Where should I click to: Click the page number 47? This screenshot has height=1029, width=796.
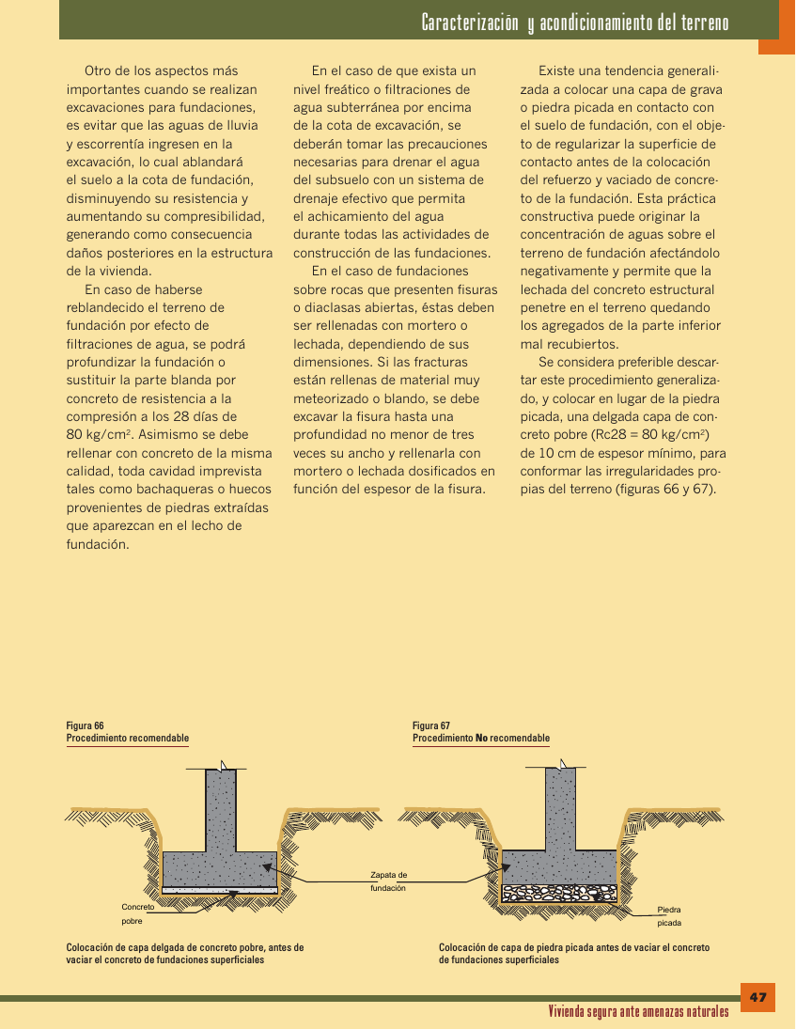point(758,997)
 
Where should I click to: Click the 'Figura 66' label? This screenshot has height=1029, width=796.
point(85,725)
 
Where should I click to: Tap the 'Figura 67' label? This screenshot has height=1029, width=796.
point(431,725)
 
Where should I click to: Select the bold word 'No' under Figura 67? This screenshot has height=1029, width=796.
point(482,739)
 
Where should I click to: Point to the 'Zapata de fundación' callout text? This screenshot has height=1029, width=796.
point(388,881)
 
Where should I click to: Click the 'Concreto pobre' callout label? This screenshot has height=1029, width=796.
point(137,913)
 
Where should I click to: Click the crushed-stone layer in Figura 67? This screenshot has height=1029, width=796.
point(560,893)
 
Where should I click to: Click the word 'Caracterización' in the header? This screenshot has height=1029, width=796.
point(470,23)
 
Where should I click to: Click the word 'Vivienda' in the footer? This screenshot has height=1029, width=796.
point(570,1012)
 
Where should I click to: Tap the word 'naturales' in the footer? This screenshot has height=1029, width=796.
point(700,1012)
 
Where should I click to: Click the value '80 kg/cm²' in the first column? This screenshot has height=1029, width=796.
point(101,435)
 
